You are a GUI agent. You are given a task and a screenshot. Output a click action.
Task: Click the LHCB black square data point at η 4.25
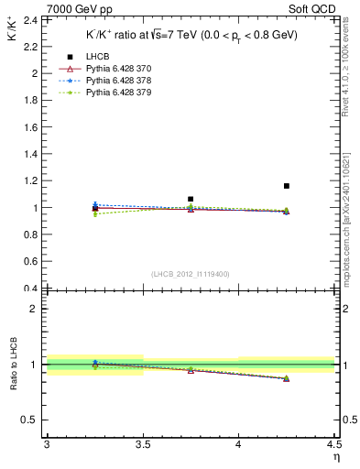point(287,186)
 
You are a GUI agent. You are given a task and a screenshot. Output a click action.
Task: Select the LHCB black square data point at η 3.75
point(191,199)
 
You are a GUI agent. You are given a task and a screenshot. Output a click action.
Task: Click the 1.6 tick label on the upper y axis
point(32,127)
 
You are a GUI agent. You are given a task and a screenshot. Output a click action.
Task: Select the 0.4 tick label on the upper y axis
point(32,289)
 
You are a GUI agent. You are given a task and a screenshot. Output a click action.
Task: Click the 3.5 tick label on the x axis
point(142,444)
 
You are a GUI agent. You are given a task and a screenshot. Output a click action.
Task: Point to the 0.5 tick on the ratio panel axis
point(32,420)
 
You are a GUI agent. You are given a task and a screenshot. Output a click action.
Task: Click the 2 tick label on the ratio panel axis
point(36,309)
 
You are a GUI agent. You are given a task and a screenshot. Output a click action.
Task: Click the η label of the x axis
point(335,457)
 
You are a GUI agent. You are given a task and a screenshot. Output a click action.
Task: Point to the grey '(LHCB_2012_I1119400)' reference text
point(190,274)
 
